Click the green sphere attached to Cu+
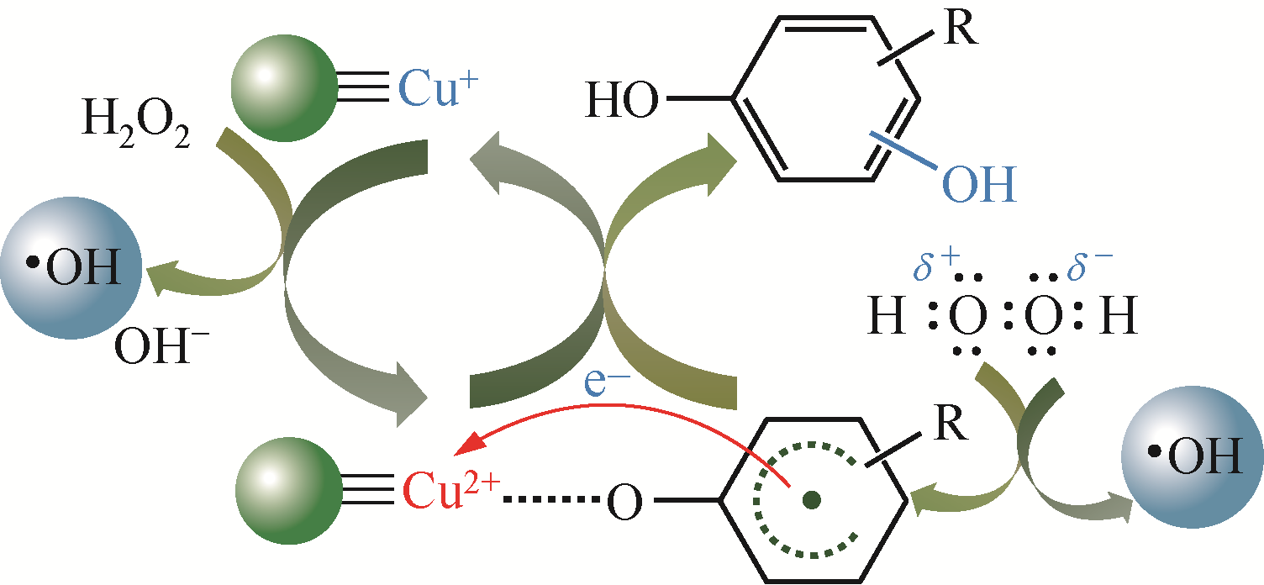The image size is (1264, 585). [284, 88]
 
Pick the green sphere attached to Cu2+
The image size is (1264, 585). [289, 491]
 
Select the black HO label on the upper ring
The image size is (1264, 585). [622, 100]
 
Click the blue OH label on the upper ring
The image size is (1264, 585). [979, 184]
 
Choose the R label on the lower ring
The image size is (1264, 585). [951, 423]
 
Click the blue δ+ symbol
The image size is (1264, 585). [936, 265]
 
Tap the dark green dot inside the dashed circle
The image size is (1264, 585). [812, 499]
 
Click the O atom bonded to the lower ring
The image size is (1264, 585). [624, 502]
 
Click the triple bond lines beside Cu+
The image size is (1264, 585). [363, 87]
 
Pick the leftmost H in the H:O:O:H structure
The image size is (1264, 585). [887, 314]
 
